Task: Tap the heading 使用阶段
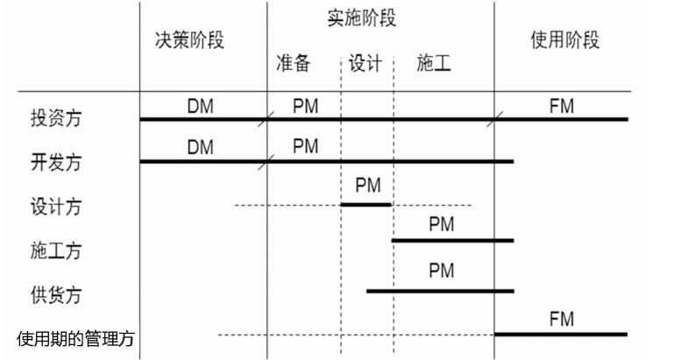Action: pos(565,41)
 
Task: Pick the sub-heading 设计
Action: pos(365,63)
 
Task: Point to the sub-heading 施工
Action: pos(435,63)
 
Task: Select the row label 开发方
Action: pos(55,164)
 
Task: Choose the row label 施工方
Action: pos(55,251)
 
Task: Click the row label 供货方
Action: pos(55,294)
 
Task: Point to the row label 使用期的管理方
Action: pos(76,336)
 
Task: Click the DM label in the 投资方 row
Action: pos(201,106)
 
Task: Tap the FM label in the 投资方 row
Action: pos(561,106)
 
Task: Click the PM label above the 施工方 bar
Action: pos(442,224)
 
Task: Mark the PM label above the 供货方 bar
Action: pos(442,272)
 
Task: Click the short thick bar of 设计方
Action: pos(365,205)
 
